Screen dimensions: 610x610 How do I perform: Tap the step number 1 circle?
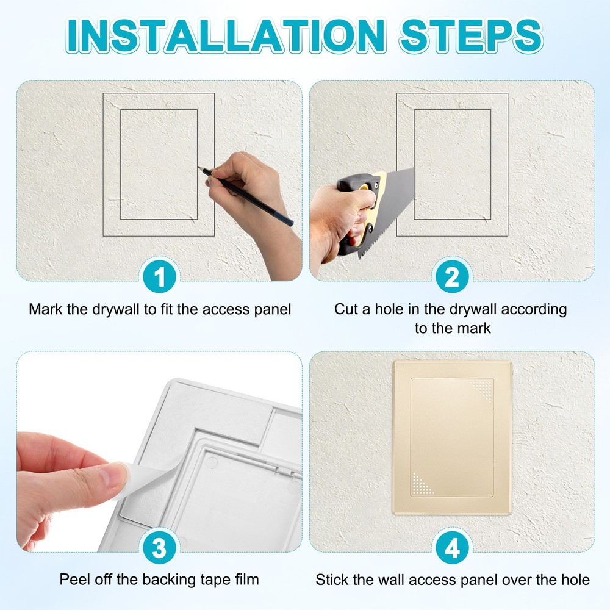coord(159,279)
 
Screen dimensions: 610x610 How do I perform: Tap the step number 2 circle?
coord(452,279)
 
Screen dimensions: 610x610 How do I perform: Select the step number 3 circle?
coord(159,549)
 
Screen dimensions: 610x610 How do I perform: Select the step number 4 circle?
coord(452,549)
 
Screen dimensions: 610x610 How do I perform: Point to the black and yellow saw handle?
coord(360,207)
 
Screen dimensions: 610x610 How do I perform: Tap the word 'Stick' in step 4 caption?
coord(332,579)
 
